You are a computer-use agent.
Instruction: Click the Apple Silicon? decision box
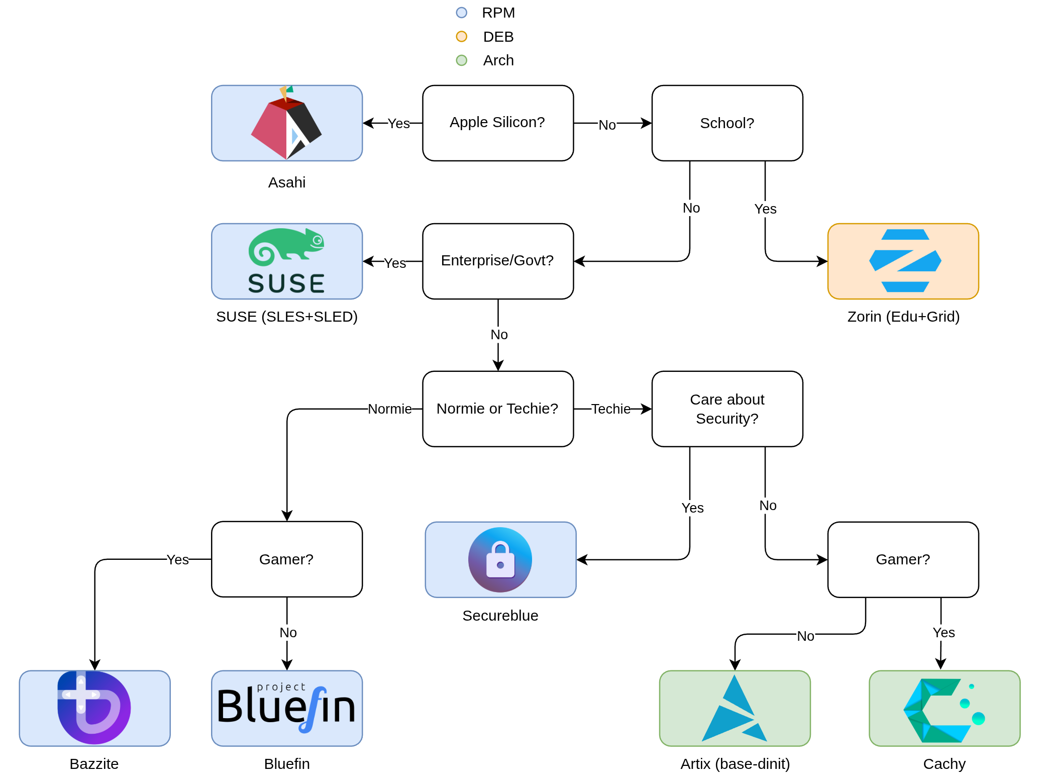coord(497,123)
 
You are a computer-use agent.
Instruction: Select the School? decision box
coord(727,123)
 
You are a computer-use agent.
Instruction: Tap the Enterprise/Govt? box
coord(497,261)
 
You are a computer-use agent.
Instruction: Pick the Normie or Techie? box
coord(497,409)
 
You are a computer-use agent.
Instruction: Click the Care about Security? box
coord(727,409)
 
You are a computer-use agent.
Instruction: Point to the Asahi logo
coord(286,123)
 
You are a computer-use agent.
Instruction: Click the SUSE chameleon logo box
coord(286,261)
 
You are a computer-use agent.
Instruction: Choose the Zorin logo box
coord(903,261)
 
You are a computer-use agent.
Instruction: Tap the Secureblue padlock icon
coord(500,559)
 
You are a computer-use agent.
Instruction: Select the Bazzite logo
coord(94,708)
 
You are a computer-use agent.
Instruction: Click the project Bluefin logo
coord(286,708)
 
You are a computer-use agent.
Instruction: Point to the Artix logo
coord(735,708)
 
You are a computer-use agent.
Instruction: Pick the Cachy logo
coord(944,708)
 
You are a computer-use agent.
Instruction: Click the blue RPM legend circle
coord(461,13)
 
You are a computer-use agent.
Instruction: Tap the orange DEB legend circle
coord(461,36)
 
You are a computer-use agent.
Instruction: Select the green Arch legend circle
coord(461,60)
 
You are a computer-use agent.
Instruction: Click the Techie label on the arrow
coord(610,409)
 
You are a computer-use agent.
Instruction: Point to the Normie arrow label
coord(389,409)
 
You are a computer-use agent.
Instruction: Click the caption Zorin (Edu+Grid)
coord(903,317)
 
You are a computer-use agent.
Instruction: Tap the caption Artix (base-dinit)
coord(735,764)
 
